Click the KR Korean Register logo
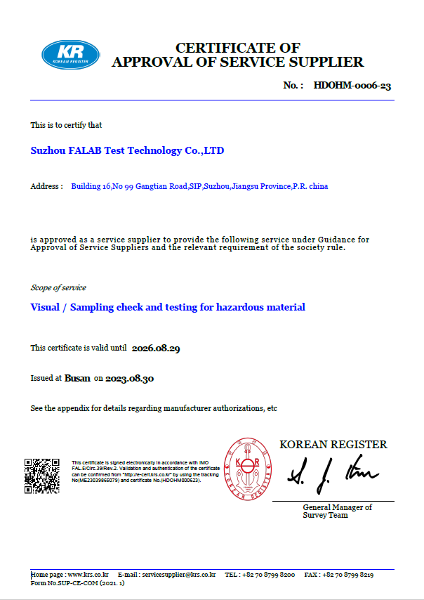[70, 55]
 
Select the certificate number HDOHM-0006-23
[352, 85]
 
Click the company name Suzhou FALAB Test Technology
[128, 150]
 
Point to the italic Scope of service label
[58, 287]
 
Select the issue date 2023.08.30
[130, 378]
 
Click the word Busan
[77, 378]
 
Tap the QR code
[42, 476]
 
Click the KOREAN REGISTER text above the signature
[333, 444]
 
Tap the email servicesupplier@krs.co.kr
[178, 575]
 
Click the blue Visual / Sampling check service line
[168, 307]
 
